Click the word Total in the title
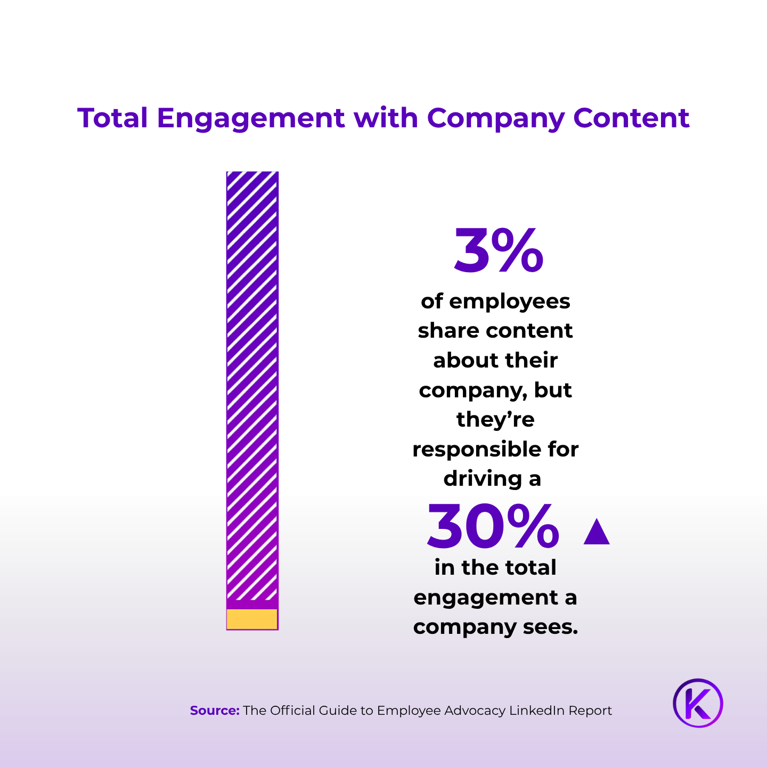pos(112,118)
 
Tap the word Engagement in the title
pos(250,119)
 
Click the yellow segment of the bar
pos(252,619)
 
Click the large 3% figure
pos(499,251)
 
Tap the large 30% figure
pos(493,526)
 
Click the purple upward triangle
pos(596,532)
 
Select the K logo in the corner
pos(698,703)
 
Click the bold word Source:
pos(215,711)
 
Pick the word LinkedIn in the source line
pos(537,711)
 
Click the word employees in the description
pos(509,302)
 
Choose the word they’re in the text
pos(495,420)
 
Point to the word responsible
pos(469,450)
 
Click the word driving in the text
pos(482,479)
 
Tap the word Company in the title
pos(495,119)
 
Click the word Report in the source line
pos(590,711)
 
